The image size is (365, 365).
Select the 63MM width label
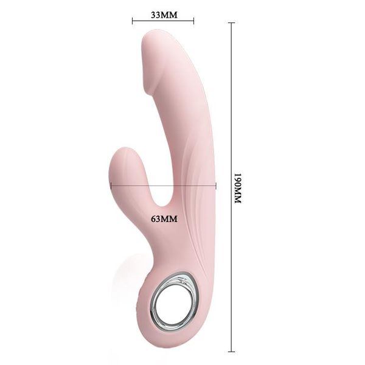[164, 218]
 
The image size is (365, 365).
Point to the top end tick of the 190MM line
[232, 23]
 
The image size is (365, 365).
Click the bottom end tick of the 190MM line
[232, 351]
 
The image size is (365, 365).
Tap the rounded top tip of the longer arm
[151, 41]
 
